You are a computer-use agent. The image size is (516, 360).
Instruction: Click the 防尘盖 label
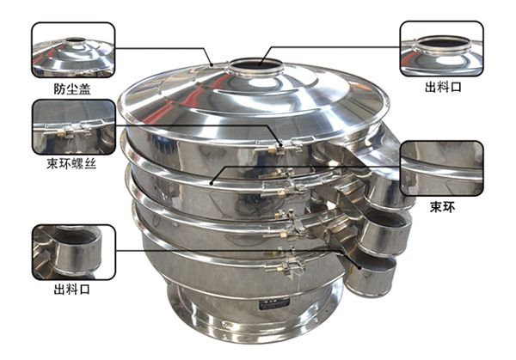[72, 88]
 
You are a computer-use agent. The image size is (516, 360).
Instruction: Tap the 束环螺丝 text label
[71, 163]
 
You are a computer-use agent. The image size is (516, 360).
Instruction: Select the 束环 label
[443, 207]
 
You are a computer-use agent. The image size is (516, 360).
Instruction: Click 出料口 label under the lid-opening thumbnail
[443, 87]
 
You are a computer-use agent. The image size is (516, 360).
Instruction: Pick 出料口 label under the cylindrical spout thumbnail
[72, 290]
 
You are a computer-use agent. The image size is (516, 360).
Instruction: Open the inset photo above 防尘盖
[73, 50]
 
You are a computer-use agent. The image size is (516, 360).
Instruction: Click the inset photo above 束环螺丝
[74, 127]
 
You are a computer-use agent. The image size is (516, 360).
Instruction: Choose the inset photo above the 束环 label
[442, 168]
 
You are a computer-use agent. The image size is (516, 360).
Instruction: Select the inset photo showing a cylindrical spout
[74, 252]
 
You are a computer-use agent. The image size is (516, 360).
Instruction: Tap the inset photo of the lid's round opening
[442, 49]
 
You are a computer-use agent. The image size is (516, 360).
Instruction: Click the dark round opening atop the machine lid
[255, 64]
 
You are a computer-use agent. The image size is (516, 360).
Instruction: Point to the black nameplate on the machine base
[274, 305]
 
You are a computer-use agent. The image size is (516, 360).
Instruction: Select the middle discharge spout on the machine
[385, 232]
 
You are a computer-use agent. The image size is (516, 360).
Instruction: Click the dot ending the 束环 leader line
[212, 182]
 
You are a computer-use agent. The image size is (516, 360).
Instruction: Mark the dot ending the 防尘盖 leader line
[212, 64]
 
